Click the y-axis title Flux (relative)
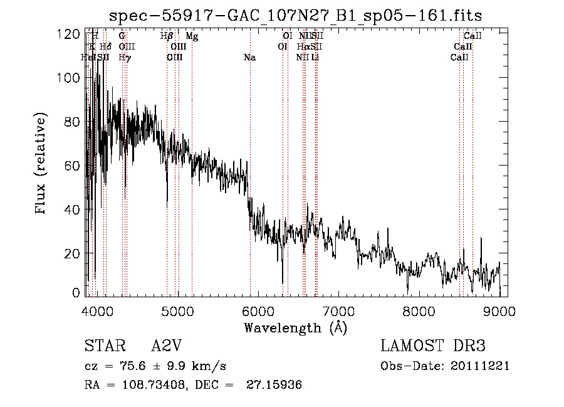click(41, 164)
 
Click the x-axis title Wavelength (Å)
click(295, 327)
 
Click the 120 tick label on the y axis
click(69, 34)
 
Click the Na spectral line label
click(249, 58)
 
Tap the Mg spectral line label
click(192, 37)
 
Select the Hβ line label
click(166, 37)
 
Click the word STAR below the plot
click(103, 347)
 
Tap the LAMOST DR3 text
click(432, 347)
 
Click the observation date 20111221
click(481, 366)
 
